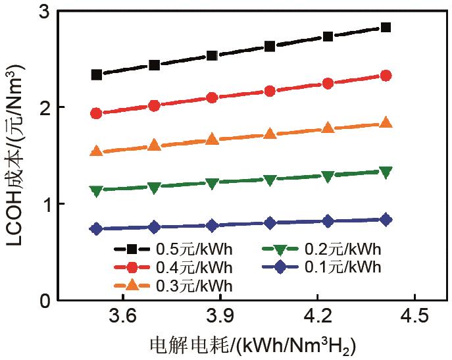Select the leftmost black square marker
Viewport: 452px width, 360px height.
tap(97, 75)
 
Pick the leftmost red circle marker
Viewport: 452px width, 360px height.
tap(97, 113)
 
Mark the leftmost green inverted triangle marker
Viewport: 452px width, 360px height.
tap(97, 191)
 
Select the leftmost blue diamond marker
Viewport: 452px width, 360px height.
tap(97, 228)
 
